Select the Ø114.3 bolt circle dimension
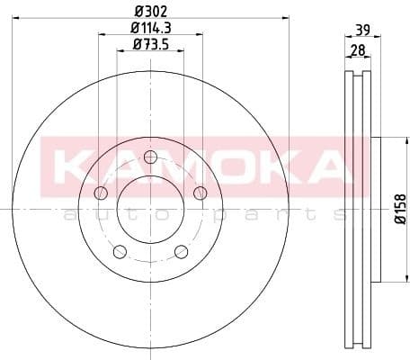click(x=150, y=29)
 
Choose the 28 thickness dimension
click(x=357, y=51)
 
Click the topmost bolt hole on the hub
click(x=150, y=157)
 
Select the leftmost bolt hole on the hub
click(x=101, y=193)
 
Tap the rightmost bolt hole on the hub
click(x=200, y=193)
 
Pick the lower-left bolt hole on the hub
click(x=120, y=251)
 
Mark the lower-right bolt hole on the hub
click(x=181, y=251)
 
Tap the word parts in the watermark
click(x=274, y=214)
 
